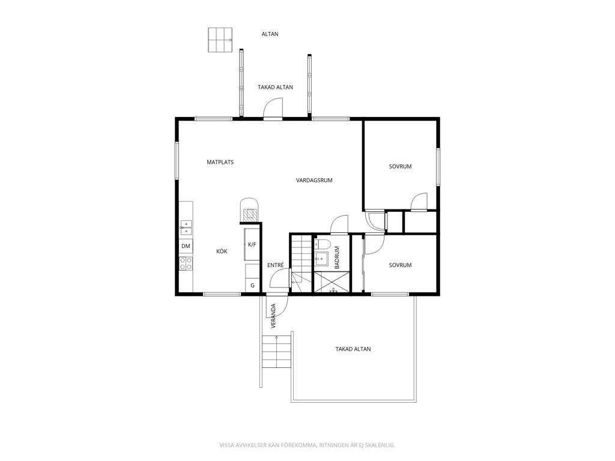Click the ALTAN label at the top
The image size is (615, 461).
coord(270,34)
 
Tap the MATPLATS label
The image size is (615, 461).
coord(220,162)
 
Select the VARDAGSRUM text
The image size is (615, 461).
coord(314,180)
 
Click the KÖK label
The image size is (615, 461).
coord(222,252)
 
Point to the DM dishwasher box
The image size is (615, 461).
coord(186,246)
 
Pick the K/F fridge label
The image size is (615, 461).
coord(252,245)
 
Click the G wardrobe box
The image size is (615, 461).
coord(253,285)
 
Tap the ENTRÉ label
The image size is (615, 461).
coord(275,265)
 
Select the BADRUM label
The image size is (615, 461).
coord(336,258)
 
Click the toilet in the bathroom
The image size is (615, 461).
coord(322,244)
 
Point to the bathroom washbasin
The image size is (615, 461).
coord(321,259)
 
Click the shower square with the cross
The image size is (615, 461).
coord(332,282)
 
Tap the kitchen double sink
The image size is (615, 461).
coord(186,227)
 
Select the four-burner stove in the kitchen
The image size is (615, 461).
coord(186,264)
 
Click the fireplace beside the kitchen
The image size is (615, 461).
coord(249,210)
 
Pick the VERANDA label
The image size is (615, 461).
coord(273,316)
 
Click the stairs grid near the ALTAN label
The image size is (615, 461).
coord(220,40)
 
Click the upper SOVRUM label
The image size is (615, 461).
coord(400,167)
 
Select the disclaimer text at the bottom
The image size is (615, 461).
coord(307,445)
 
